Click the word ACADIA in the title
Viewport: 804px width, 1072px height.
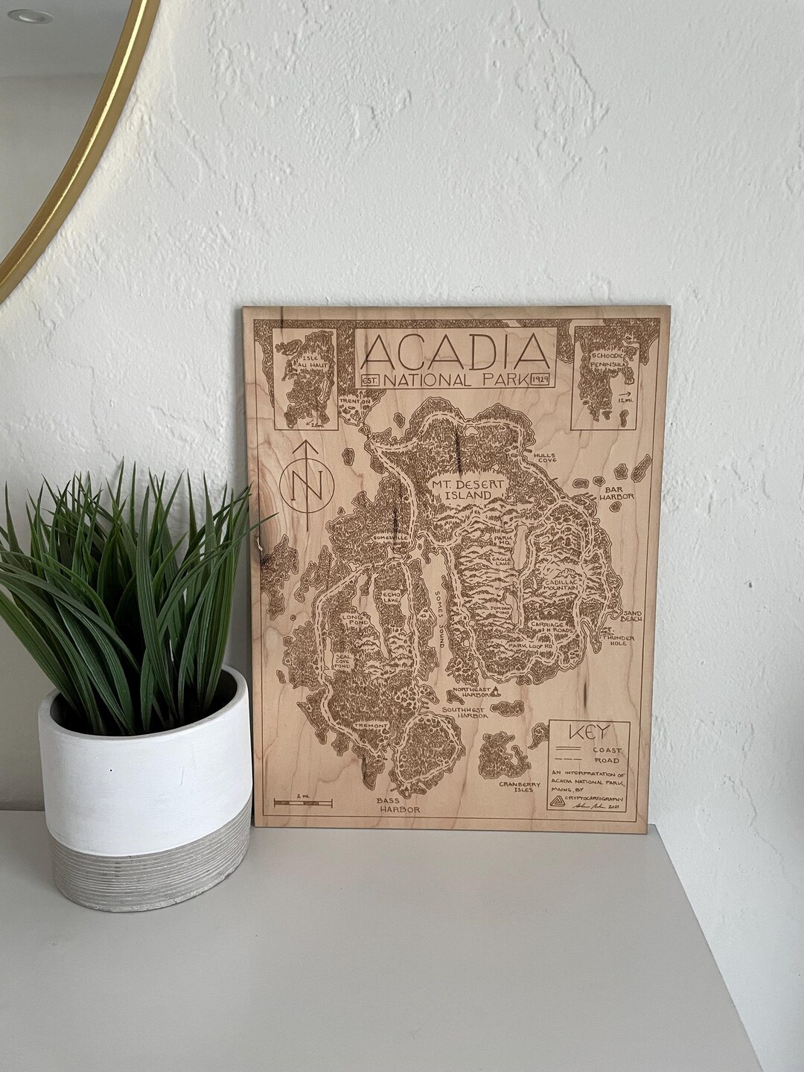pyautogui.click(x=455, y=353)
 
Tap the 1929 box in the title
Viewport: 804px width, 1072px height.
pyautogui.click(x=541, y=380)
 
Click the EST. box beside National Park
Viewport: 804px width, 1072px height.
pyautogui.click(x=370, y=380)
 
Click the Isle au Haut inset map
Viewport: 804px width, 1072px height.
pyautogui.click(x=305, y=380)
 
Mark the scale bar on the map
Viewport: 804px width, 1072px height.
pyautogui.click(x=303, y=802)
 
